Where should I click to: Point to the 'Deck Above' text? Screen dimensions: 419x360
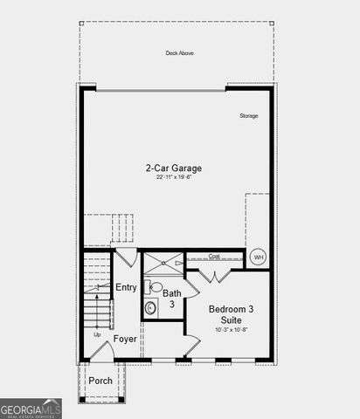[x=180, y=53]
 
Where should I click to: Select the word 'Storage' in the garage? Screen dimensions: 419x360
[x=249, y=115]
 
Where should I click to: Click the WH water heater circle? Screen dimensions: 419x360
[x=258, y=257]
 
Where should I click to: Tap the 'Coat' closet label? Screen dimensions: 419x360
[x=214, y=257]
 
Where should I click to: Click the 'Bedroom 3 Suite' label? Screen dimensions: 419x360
[x=231, y=314]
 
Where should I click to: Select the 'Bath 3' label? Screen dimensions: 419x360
[x=171, y=299]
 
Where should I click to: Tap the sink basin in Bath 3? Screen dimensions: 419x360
[x=150, y=307]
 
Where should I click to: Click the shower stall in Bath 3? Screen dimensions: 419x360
[x=163, y=261]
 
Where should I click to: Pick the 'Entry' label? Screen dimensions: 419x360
[x=127, y=287]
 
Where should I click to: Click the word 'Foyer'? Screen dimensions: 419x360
[x=125, y=338]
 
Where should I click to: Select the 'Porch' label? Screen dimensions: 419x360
[x=100, y=381]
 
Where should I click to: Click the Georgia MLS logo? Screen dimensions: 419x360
[x=31, y=408]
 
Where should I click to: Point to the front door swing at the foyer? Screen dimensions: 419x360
[x=103, y=352]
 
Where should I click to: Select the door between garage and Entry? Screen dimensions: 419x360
[x=127, y=257]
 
